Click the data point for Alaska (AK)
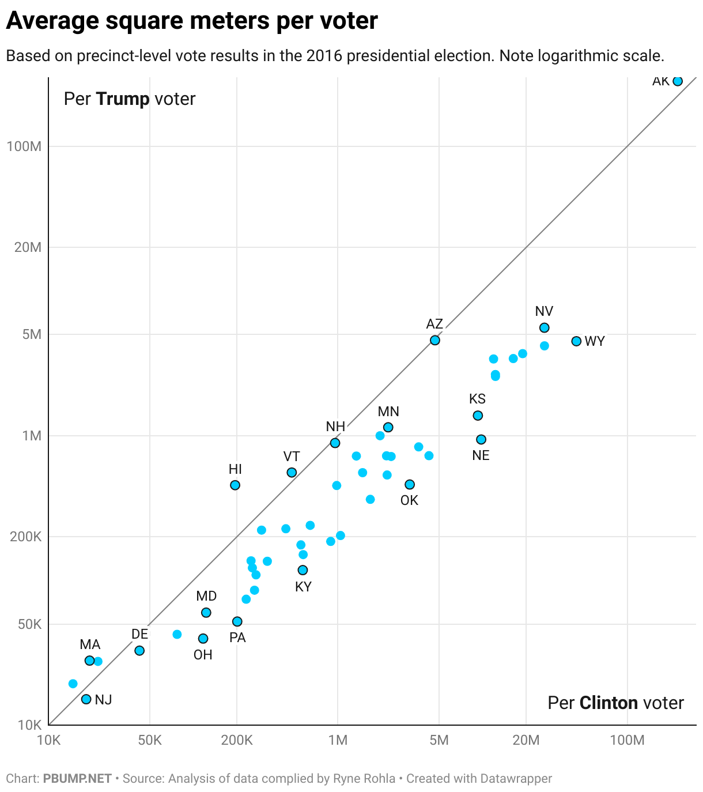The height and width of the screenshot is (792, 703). tap(678, 81)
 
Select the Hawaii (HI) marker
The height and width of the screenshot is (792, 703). tap(235, 485)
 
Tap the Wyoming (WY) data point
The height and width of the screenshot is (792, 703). tap(576, 341)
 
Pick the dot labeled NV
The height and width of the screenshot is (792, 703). tap(544, 328)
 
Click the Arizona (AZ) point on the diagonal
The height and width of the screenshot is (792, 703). tap(435, 341)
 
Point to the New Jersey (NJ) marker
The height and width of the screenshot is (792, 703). tap(86, 699)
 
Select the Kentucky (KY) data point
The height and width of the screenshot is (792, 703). tap(303, 570)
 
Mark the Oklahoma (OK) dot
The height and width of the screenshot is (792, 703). tap(410, 485)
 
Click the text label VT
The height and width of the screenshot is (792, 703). tap(292, 457)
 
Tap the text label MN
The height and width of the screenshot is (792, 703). tap(388, 412)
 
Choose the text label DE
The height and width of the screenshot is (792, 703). tap(139, 634)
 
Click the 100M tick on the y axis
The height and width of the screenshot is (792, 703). tap(24, 146)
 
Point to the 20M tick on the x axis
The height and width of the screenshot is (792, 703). tap(526, 740)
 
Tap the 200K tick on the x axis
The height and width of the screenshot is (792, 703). tap(237, 740)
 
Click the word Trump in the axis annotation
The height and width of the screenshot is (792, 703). tap(123, 99)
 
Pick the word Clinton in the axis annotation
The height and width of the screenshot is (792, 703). tap(608, 703)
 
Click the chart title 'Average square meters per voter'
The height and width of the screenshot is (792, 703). tap(192, 21)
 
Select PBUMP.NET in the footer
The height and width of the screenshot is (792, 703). tap(77, 779)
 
